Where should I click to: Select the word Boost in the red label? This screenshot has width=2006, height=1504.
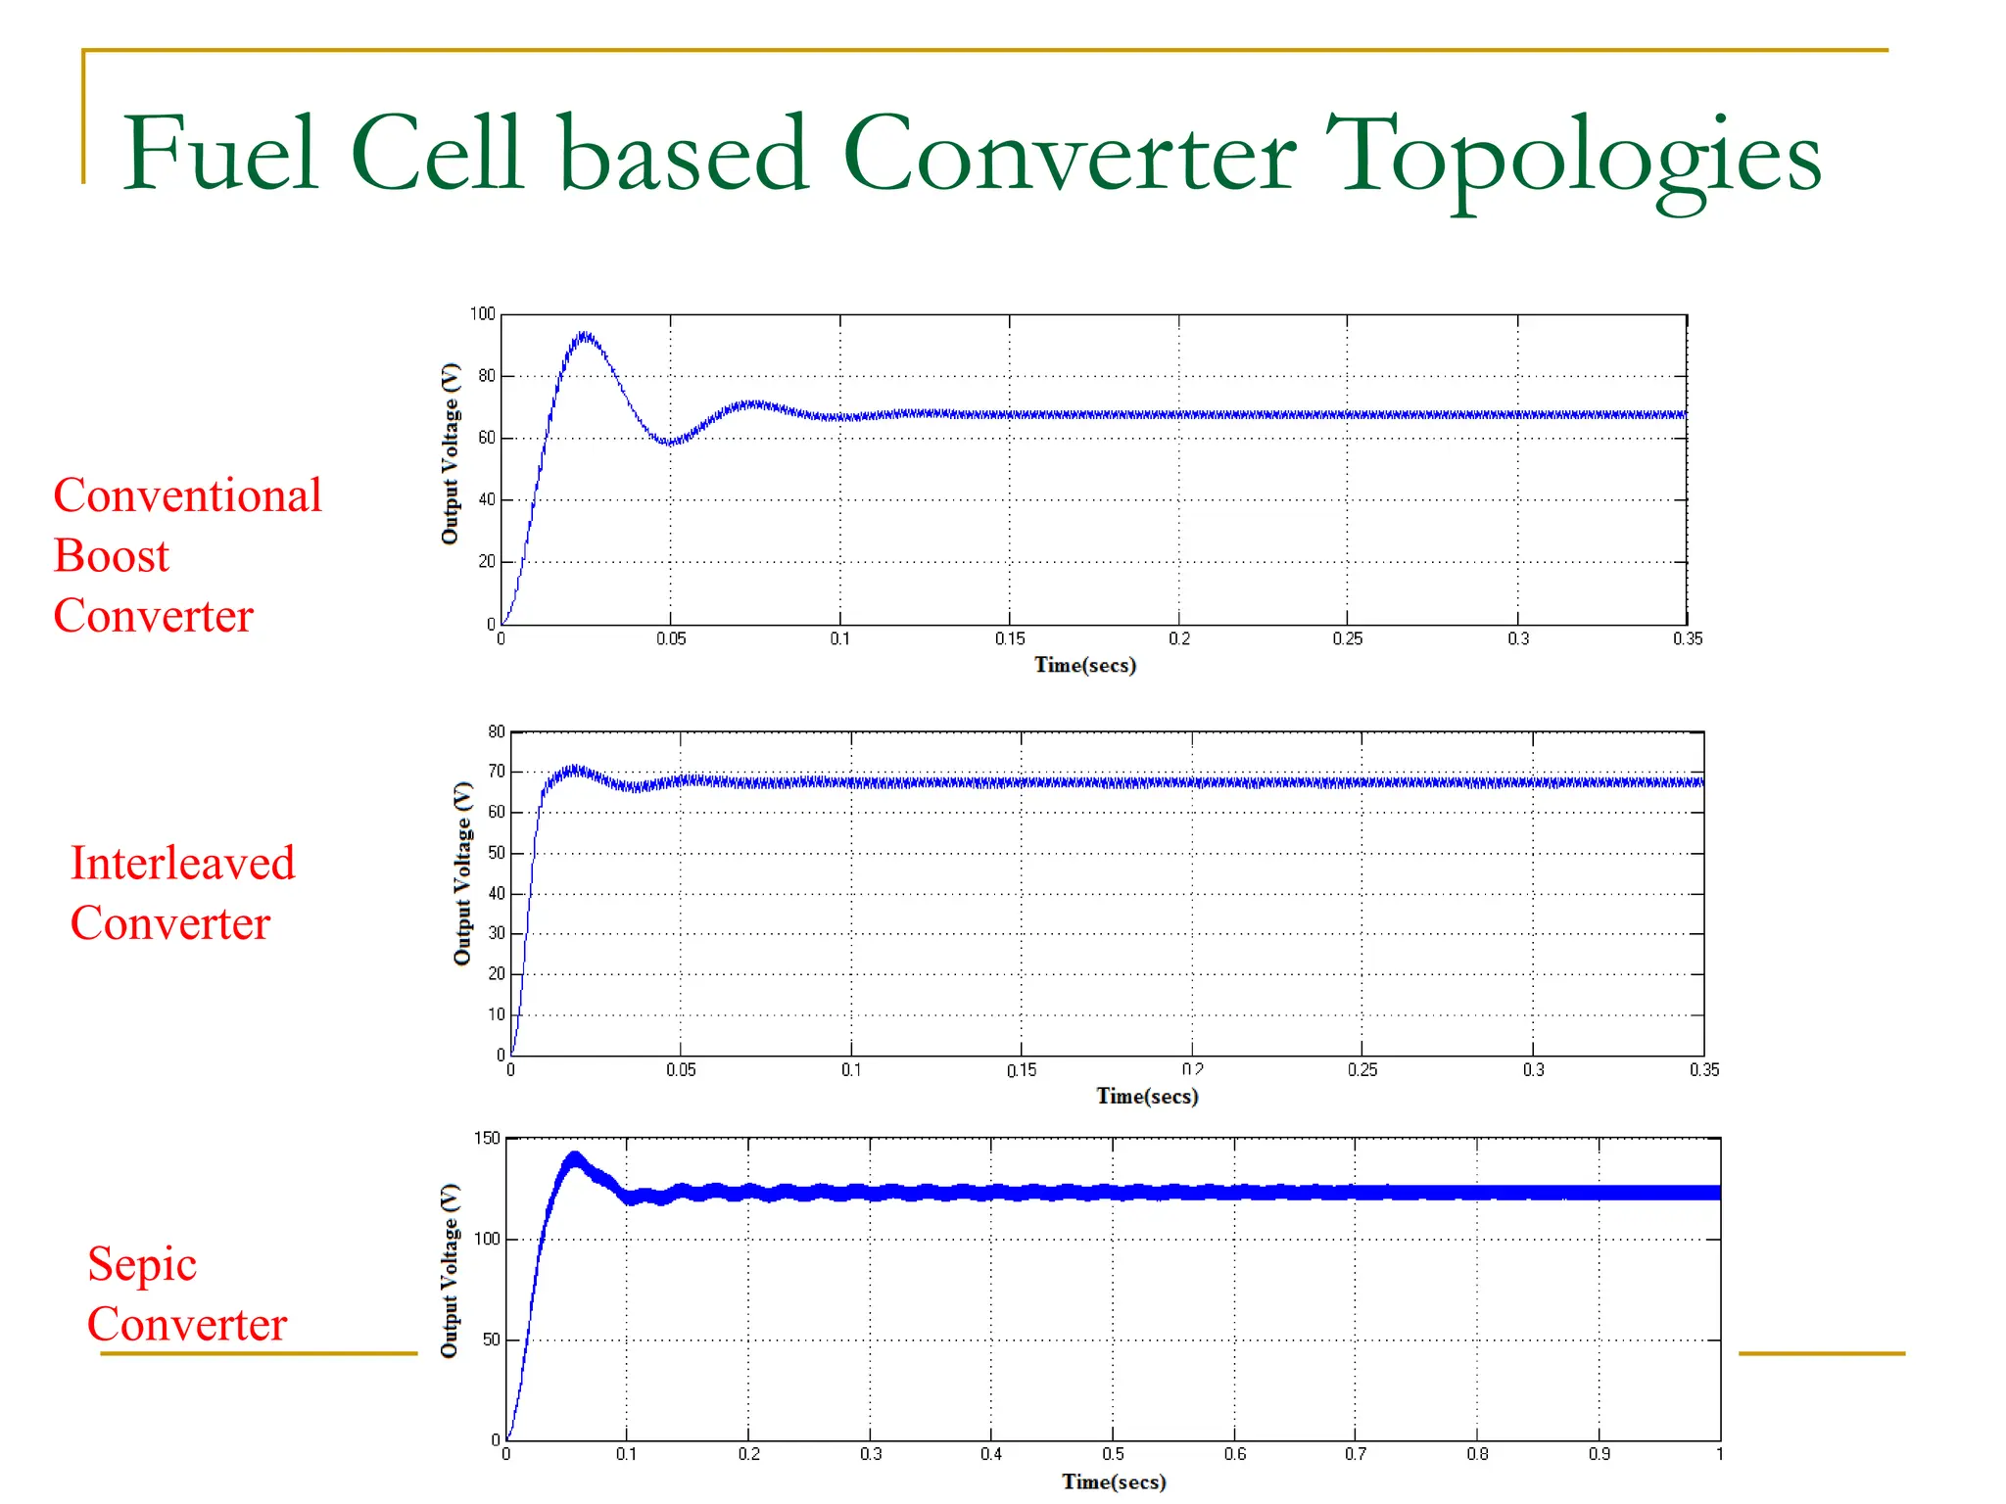(x=111, y=556)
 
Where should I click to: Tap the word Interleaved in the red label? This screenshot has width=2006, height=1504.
(x=182, y=864)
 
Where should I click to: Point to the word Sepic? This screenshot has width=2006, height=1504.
(x=142, y=1264)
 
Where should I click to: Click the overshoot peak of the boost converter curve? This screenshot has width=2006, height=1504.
(x=585, y=336)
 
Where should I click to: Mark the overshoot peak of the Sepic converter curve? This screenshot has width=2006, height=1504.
(x=575, y=1158)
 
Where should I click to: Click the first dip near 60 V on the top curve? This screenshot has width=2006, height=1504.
(x=670, y=443)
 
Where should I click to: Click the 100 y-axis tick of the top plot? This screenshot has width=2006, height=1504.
(x=483, y=314)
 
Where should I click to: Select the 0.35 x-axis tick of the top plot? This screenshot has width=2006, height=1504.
(x=1687, y=638)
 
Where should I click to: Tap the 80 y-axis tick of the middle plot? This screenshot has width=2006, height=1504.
(x=497, y=731)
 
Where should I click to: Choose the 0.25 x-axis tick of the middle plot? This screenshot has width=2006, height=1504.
(x=1361, y=1070)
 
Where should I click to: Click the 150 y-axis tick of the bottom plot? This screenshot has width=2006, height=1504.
(x=487, y=1138)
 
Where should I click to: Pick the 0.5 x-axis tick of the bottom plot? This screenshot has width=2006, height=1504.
(x=1113, y=1454)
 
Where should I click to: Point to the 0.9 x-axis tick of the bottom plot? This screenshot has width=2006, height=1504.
(x=1599, y=1454)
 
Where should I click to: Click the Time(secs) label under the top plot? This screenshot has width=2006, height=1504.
(x=1084, y=665)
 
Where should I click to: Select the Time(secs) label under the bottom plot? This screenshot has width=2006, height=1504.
(x=1114, y=1481)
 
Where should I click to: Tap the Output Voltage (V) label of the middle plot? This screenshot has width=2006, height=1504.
(x=462, y=873)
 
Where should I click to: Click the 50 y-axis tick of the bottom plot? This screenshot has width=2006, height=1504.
(x=491, y=1339)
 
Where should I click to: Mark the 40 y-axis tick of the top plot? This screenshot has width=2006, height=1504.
(x=487, y=499)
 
